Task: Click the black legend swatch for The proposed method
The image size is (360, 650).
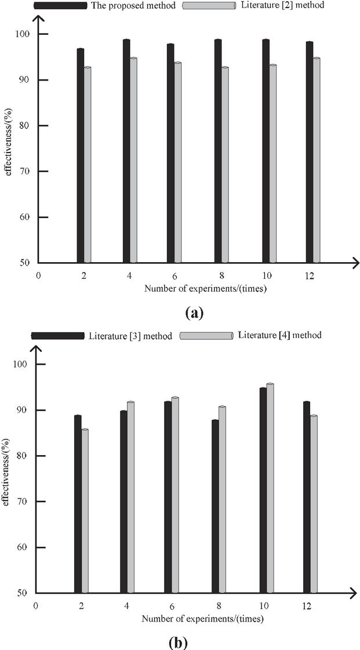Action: pyautogui.click(x=59, y=6)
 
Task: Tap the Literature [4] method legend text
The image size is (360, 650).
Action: pyautogui.click(x=281, y=335)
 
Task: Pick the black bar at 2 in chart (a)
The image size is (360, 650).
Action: pyautogui.click(x=81, y=157)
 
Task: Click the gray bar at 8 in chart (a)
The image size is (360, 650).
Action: pyautogui.click(x=225, y=165)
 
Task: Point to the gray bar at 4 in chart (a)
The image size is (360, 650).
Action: pyautogui.click(x=133, y=161)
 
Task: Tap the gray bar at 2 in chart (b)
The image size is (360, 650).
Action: pyautogui.click(x=85, y=511)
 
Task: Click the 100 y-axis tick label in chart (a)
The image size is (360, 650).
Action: pyautogui.click(x=23, y=34)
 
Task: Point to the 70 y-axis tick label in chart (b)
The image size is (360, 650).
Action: pyautogui.click(x=24, y=502)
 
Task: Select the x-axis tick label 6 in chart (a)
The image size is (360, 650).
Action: pyautogui.click(x=174, y=277)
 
